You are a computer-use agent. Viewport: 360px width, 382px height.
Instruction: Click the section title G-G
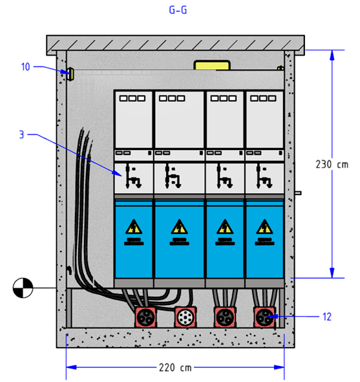(178, 10)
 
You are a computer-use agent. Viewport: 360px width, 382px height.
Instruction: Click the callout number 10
(26, 67)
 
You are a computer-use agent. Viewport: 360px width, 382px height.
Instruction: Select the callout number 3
(22, 134)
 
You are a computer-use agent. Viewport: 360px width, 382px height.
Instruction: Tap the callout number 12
(327, 317)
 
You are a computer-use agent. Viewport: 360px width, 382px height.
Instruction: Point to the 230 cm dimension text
(332, 164)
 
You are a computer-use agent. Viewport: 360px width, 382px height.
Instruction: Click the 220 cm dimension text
(175, 367)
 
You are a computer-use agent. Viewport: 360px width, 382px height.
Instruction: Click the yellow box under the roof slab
(212, 65)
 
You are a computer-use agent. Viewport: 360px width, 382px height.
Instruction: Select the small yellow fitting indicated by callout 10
(71, 74)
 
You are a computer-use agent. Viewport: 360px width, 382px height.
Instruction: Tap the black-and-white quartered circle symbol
(23, 288)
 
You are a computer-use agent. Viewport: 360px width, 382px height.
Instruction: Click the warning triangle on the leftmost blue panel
(134, 227)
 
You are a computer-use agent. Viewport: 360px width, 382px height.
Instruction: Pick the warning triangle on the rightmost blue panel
(264, 227)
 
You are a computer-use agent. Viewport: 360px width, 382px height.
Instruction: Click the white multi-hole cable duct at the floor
(185, 317)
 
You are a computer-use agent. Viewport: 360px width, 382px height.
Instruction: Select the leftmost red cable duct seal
(146, 317)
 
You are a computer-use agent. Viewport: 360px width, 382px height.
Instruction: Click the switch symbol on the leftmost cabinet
(133, 176)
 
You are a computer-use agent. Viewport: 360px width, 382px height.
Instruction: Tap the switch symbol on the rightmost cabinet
(264, 176)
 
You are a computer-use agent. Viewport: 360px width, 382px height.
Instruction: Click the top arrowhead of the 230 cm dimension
(332, 55)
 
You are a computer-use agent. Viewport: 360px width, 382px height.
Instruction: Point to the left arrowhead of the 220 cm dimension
(71, 367)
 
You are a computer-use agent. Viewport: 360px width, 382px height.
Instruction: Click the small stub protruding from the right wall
(298, 193)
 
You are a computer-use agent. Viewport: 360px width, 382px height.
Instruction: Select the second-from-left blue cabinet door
(179, 239)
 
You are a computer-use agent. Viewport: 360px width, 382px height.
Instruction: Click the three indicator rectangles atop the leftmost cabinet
(132, 98)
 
